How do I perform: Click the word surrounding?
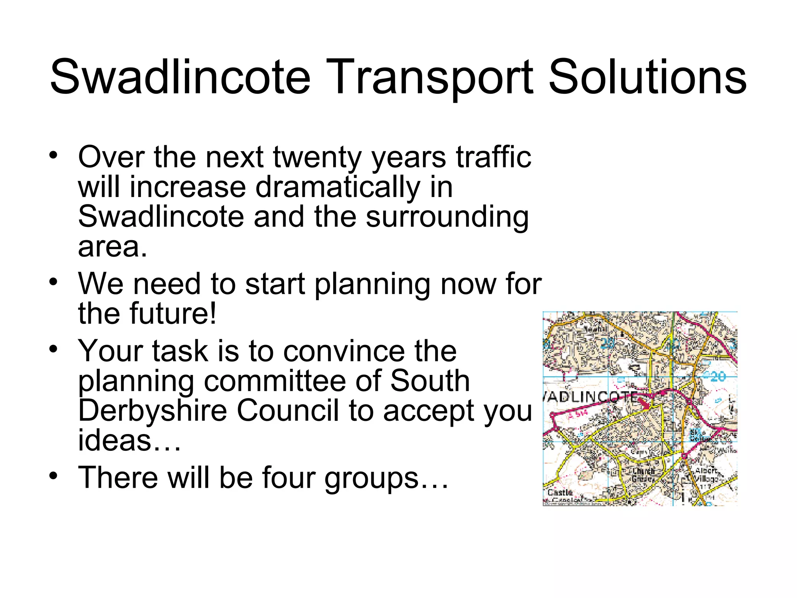pyautogui.click(x=447, y=217)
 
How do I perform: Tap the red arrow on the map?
pyautogui.click(x=644, y=403)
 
